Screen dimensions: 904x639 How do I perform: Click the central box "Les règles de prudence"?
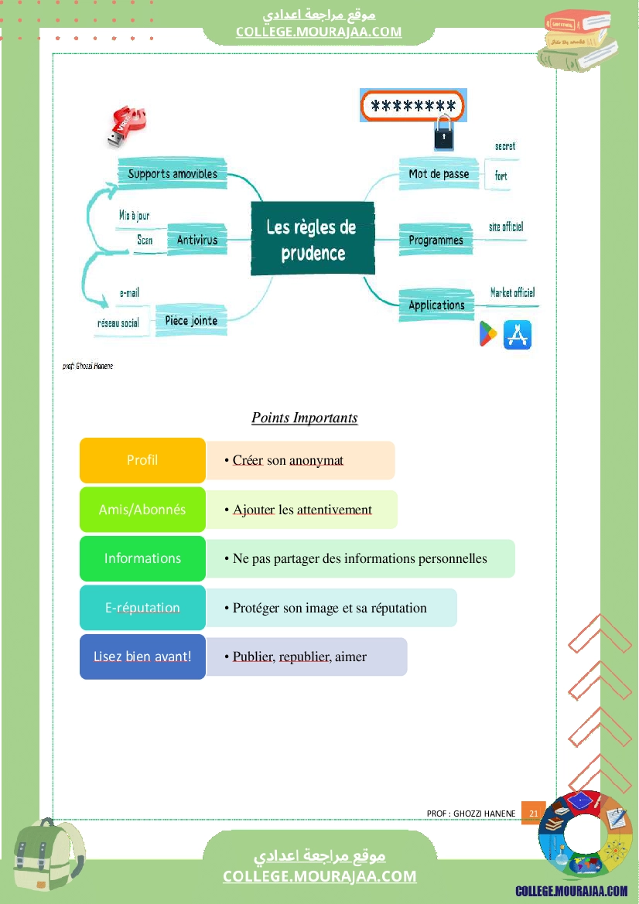[312, 238]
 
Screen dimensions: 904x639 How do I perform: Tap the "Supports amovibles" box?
[173, 173]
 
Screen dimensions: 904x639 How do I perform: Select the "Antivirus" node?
[197, 240]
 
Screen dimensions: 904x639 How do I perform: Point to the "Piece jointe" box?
[191, 320]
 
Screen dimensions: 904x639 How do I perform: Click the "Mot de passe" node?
[439, 174]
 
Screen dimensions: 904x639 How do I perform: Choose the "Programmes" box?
[436, 240]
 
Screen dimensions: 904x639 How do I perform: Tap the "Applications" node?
[436, 305]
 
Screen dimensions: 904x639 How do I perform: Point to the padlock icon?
[443, 134]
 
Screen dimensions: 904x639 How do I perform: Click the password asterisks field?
[412, 106]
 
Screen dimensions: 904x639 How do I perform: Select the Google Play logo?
[488, 335]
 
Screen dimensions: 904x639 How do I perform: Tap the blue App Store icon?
[518, 335]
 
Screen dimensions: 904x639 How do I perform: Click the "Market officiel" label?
[512, 292]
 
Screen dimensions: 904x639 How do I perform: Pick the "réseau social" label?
[118, 322]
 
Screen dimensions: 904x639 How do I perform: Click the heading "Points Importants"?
[304, 418]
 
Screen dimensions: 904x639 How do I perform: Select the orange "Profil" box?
[142, 460]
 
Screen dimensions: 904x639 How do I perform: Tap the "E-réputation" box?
[142, 608]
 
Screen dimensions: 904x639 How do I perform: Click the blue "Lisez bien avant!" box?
[142, 657]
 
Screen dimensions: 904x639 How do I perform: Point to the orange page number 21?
[533, 814]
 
